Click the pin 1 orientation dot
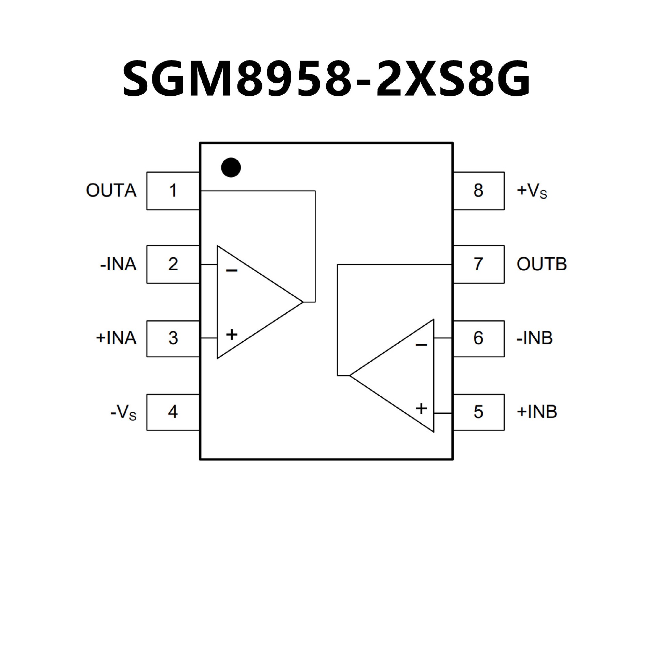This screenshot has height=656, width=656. coord(231,167)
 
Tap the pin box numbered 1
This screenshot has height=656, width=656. coord(173,191)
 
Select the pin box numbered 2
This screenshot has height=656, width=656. coord(173,264)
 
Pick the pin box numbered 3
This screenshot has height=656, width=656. coord(173,338)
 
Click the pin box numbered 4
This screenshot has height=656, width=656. coord(173,412)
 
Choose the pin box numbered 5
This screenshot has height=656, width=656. coord(478,412)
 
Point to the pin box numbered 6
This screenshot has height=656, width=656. coord(478,338)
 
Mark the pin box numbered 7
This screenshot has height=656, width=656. coord(478,264)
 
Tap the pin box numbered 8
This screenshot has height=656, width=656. coord(478,191)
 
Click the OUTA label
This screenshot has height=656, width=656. coord(111,191)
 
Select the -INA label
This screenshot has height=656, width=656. coord(118,264)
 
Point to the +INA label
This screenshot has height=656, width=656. coord(116,338)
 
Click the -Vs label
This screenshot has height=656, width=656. coord(123,412)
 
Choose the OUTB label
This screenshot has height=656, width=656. coord(542,264)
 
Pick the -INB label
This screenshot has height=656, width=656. coord(534,338)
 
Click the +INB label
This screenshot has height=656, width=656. coord(537,412)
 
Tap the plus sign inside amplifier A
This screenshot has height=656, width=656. coord(232,334)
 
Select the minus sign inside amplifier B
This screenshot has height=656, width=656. coord(421,345)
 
